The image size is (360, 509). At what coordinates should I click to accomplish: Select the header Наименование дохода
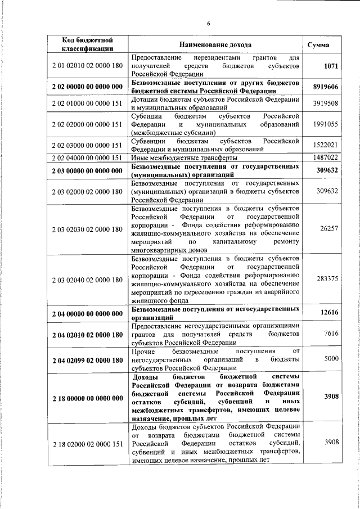(x=215, y=44)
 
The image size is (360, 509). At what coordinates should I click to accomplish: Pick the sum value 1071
(x=331, y=66)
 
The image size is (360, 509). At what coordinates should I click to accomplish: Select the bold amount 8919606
(x=325, y=87)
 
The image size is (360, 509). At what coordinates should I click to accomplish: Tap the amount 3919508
(x=325, y=103)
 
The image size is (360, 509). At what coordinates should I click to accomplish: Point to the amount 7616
(x=331, y=334)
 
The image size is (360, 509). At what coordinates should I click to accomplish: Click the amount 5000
(x=331, y=358)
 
